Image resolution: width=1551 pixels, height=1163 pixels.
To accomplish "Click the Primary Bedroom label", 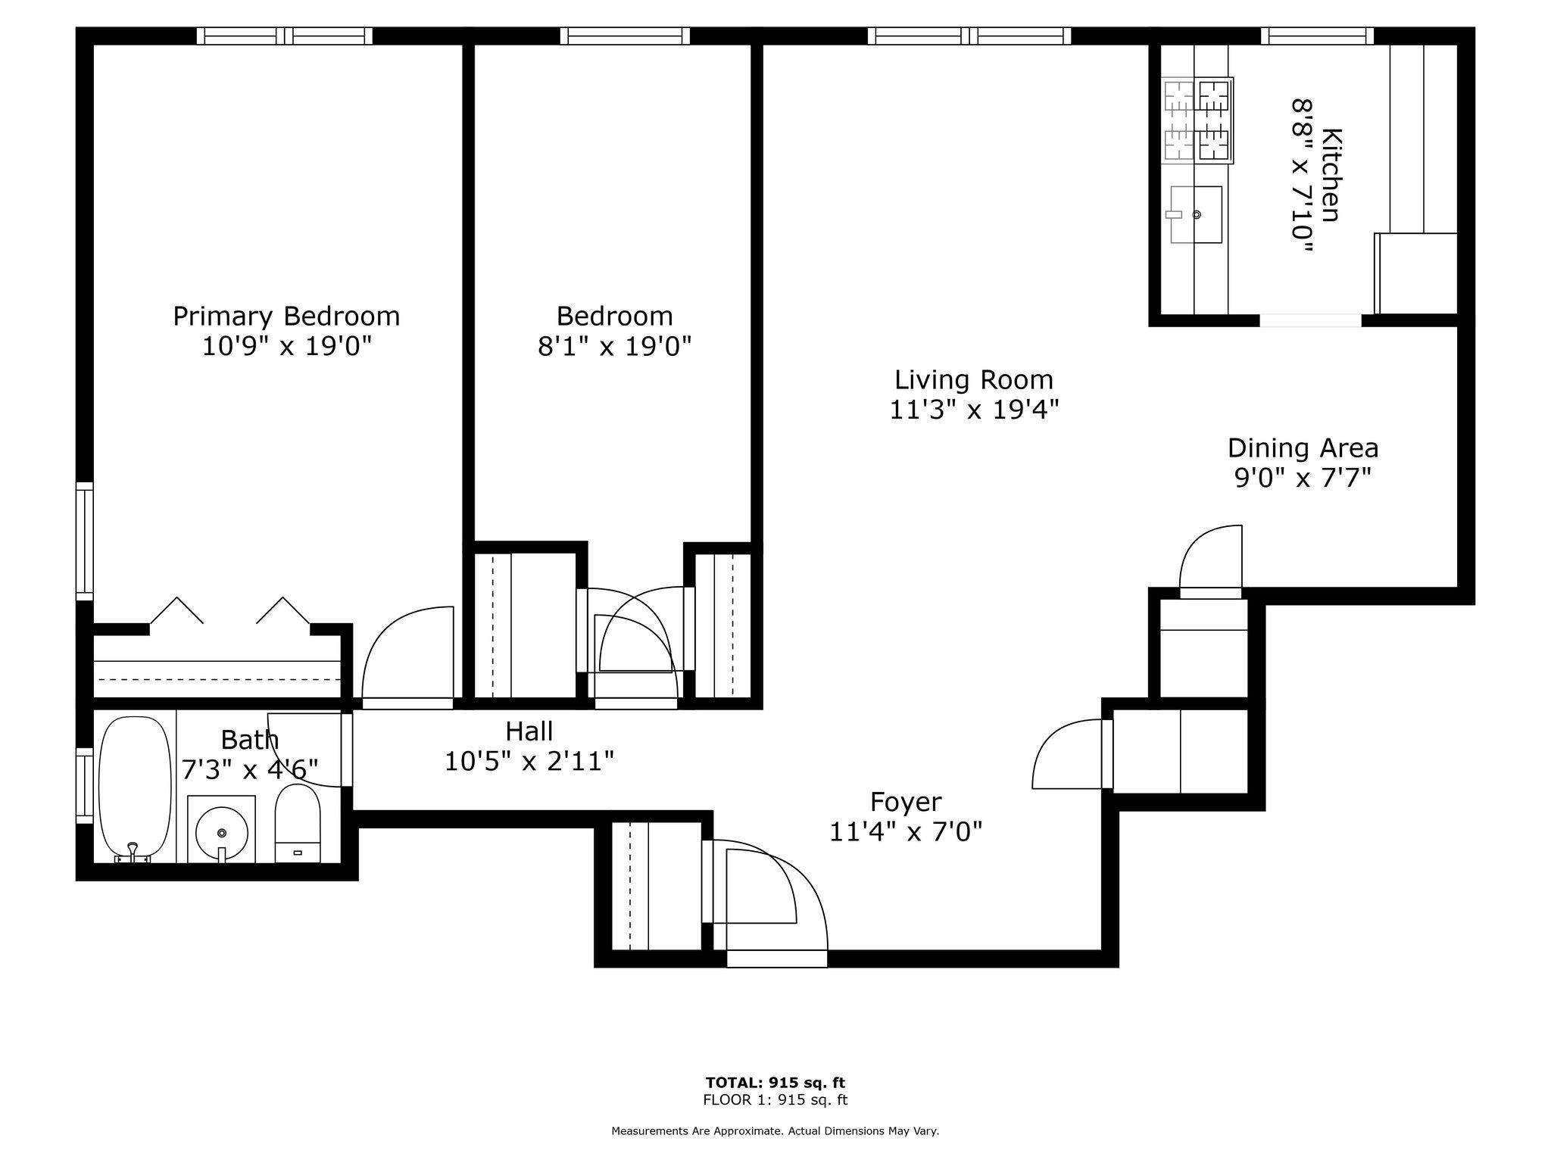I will tap(286, 316).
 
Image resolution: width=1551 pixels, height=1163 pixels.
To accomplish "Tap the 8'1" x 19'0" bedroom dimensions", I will tap(614, 347).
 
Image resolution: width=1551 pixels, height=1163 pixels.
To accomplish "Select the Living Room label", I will tap(973, 379).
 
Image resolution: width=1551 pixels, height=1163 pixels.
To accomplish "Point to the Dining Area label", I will tap(1303, 448).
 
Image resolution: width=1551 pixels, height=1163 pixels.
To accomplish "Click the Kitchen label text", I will tap(1331, 176).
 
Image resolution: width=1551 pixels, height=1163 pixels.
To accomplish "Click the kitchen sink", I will tap(1197, 215).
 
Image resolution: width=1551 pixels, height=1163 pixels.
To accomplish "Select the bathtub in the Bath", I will tap(135, 787).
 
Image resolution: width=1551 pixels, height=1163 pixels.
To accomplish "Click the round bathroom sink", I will tap(221, 831).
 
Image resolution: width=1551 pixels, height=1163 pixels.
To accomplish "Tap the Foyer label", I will tap(906, 802).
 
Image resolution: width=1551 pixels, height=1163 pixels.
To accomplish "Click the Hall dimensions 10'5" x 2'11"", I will tap(529, 761).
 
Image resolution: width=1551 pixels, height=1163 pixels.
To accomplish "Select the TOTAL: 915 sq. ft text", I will tap(775, 1083).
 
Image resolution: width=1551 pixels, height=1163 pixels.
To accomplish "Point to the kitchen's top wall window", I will tap(1317, 36).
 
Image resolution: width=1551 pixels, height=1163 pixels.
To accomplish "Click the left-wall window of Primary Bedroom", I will tap(84, 541).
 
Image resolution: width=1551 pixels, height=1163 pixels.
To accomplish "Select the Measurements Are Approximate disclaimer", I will tap(775, 1131).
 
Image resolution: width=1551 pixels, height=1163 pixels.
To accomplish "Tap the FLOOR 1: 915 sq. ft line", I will tap(775, 1100).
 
